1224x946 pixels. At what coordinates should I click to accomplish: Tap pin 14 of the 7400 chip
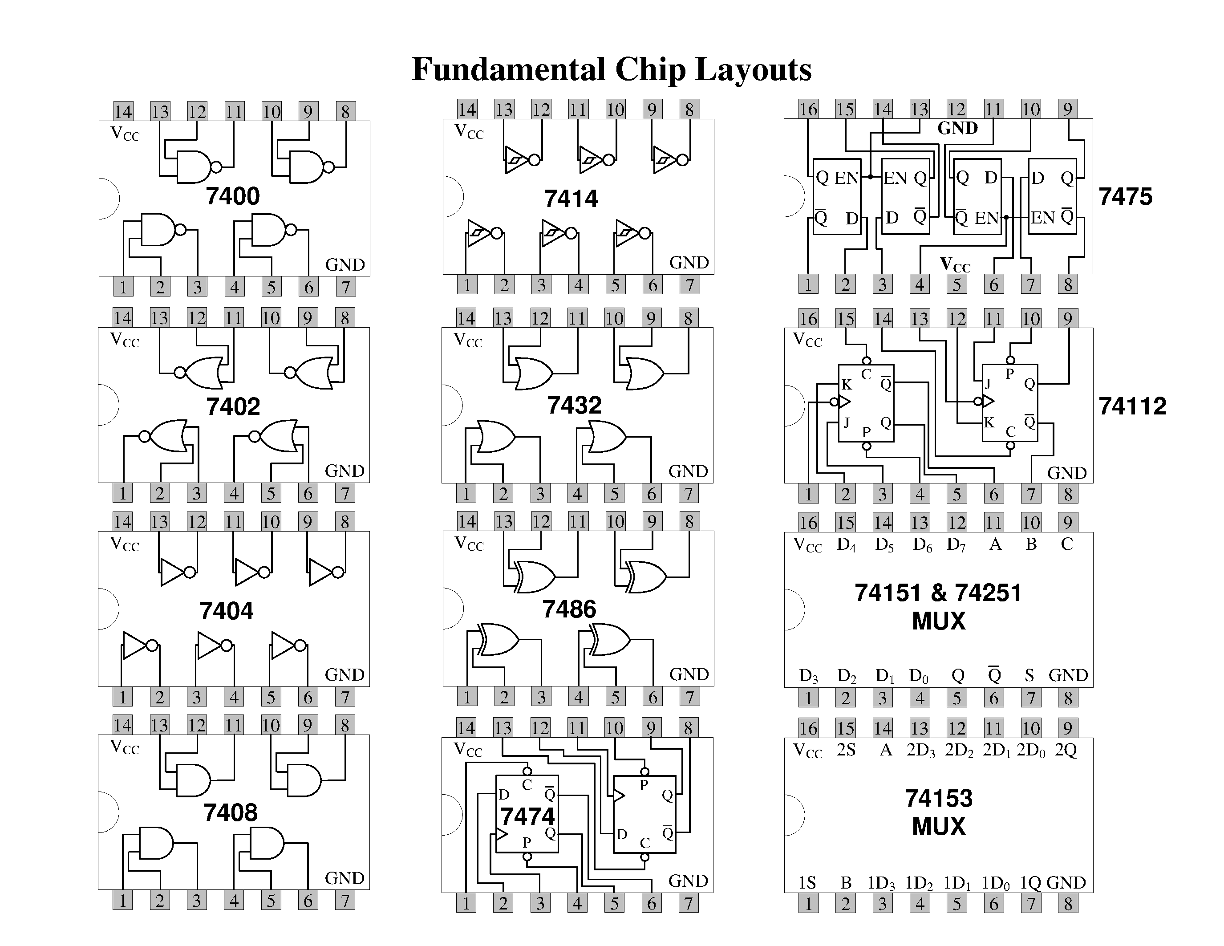pyautogui.click(x=123, y=111)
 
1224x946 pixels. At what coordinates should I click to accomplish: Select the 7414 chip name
pyautogui.click(x=571, y=199)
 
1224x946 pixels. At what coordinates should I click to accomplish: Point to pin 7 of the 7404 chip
pyautogui.click(x=345, y=697)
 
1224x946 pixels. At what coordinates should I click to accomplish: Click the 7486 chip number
pyautogui.click(x=569, y=609)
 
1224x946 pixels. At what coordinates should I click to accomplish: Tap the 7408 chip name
pyautogui.click(x=231, y=812)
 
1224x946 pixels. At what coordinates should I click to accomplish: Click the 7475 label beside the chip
pyautogui.click(x=1125, y=197)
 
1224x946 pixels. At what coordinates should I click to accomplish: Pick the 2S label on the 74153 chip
pyautogui.click(x=846, y=750)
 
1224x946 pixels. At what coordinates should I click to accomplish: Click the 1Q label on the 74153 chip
pyautogui.click(x=1030, y=883)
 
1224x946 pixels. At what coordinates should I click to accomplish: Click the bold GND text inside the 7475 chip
pyautogui.click(x=957, y=128)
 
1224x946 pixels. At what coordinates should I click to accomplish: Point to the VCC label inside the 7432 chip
pyautogui.click(x=468, y=341)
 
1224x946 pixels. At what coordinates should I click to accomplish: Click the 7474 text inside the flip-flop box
pyautogui.click(x=527, y=816)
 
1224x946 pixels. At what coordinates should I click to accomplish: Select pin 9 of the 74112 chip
pyautogui.click(x=1068, y=318)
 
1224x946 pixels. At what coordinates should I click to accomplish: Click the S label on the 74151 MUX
pyautogui.click(x=1029, y=675)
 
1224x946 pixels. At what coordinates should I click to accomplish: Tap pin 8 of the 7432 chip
pyautogui.click(x=688, y=318)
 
